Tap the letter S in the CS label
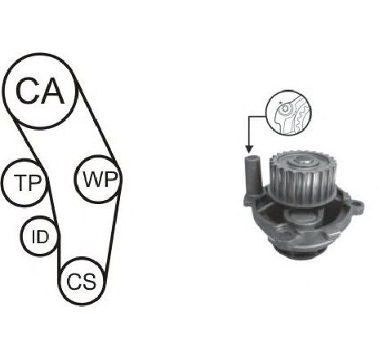[x=89, y=282]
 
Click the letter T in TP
[x=21, y=183]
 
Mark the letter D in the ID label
[x=42, y=237]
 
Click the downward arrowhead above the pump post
[x=249, y=149]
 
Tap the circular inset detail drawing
[x=288, y=112]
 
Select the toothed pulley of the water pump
[x=302, y=178]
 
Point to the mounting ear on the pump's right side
[x=357, y=207]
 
